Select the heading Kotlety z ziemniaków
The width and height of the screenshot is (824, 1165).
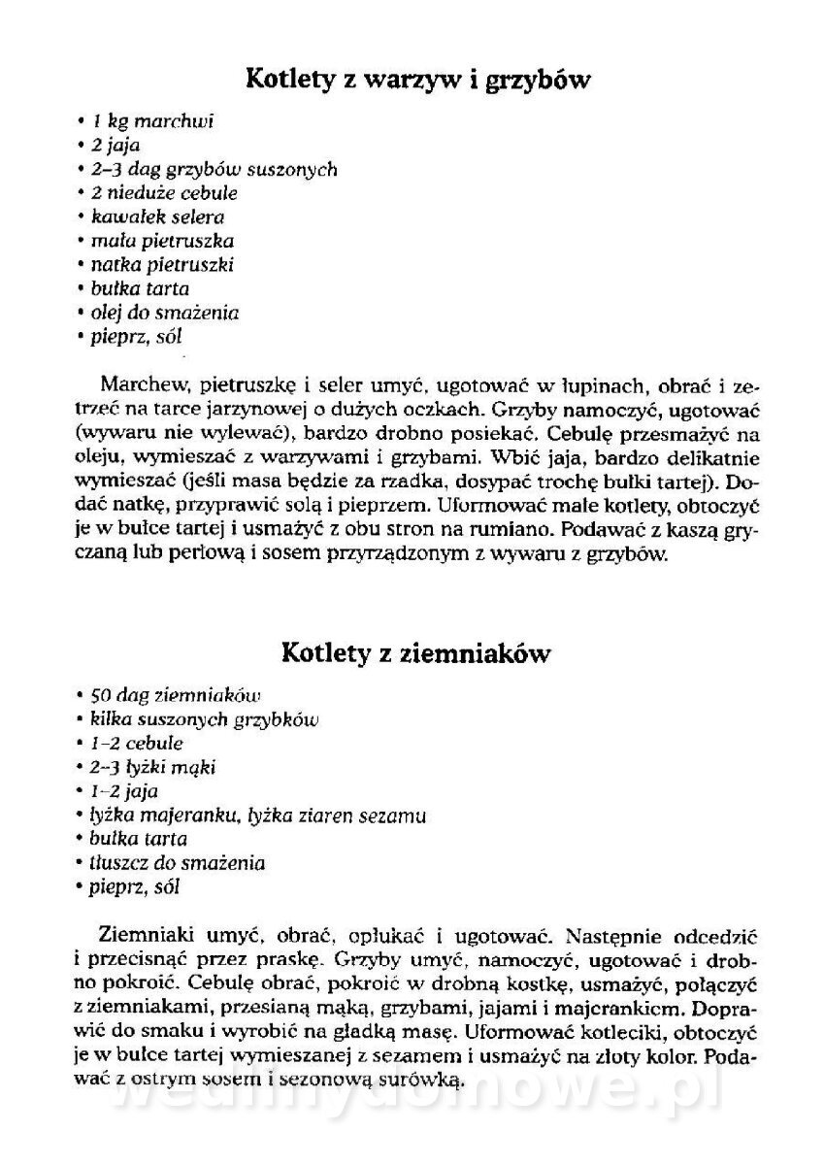[x=415, y=653]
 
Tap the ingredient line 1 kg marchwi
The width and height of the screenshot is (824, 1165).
[x=147, y=122]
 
